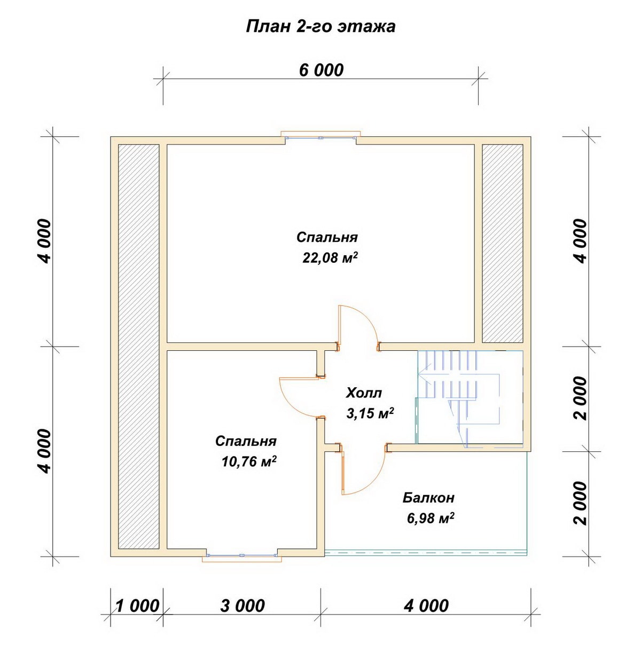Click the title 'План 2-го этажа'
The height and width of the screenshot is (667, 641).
coord(320,27)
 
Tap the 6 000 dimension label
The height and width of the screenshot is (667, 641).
coord(321,70)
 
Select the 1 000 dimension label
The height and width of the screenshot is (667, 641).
coord(137,606)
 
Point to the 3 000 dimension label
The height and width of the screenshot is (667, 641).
coord(243,606)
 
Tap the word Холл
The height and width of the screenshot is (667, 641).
coord(364,393)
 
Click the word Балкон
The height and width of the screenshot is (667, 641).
coord(428,497)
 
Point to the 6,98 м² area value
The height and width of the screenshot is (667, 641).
coord(431,518)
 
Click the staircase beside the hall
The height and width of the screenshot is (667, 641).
coord(470,399)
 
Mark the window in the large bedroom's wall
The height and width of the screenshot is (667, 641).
coord(321,136)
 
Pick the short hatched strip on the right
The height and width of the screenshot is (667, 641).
coord(503,244)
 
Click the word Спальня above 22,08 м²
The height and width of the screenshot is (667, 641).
coord(327,237)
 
